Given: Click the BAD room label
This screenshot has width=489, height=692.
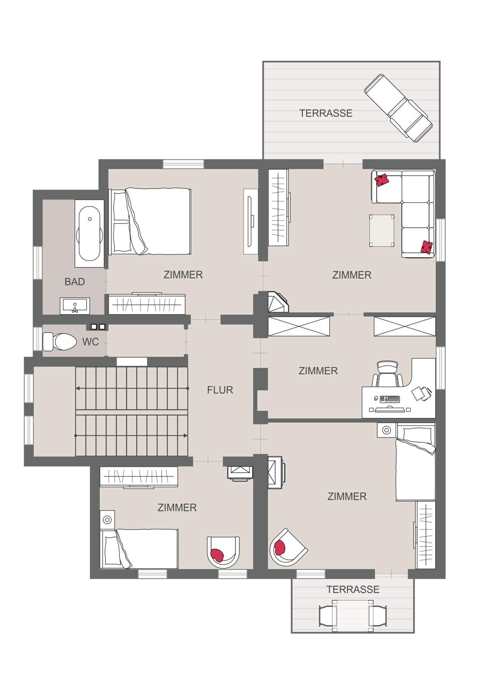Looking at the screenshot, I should coord(75,282).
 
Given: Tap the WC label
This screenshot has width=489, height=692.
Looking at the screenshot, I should coord(91,342).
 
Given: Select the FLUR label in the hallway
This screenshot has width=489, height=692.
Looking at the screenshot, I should coord(220,390).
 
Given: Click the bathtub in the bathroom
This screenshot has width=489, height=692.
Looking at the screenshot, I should coord(90,234).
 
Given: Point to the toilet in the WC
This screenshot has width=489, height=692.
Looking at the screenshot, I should coord(60,342).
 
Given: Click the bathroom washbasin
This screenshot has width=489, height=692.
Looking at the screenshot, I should coord(75,306).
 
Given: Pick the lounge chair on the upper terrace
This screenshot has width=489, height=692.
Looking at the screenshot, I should coord(398,108).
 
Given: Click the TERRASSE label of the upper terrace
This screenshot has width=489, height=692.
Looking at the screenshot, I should coord(326,113).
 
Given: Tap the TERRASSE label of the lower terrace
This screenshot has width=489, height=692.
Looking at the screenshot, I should coord(353,589).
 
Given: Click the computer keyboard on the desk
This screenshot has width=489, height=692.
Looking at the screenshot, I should coord(390,399).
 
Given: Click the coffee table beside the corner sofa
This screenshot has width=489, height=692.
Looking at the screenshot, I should coord(381,230).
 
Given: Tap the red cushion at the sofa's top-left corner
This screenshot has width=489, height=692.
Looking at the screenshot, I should coord(382,180).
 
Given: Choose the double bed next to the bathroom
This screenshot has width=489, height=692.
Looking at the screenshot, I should coord(150,221).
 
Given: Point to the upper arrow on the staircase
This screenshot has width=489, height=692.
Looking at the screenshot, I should coord(132,389).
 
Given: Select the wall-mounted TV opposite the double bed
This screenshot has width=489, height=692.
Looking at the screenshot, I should coord(251,221).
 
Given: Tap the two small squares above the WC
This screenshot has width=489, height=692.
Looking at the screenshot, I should coord(97,327).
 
